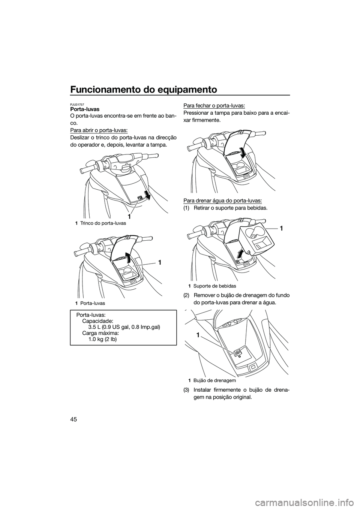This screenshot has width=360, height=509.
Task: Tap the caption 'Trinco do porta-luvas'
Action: (103, 223)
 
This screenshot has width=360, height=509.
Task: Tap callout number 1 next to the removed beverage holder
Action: (281, 228)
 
